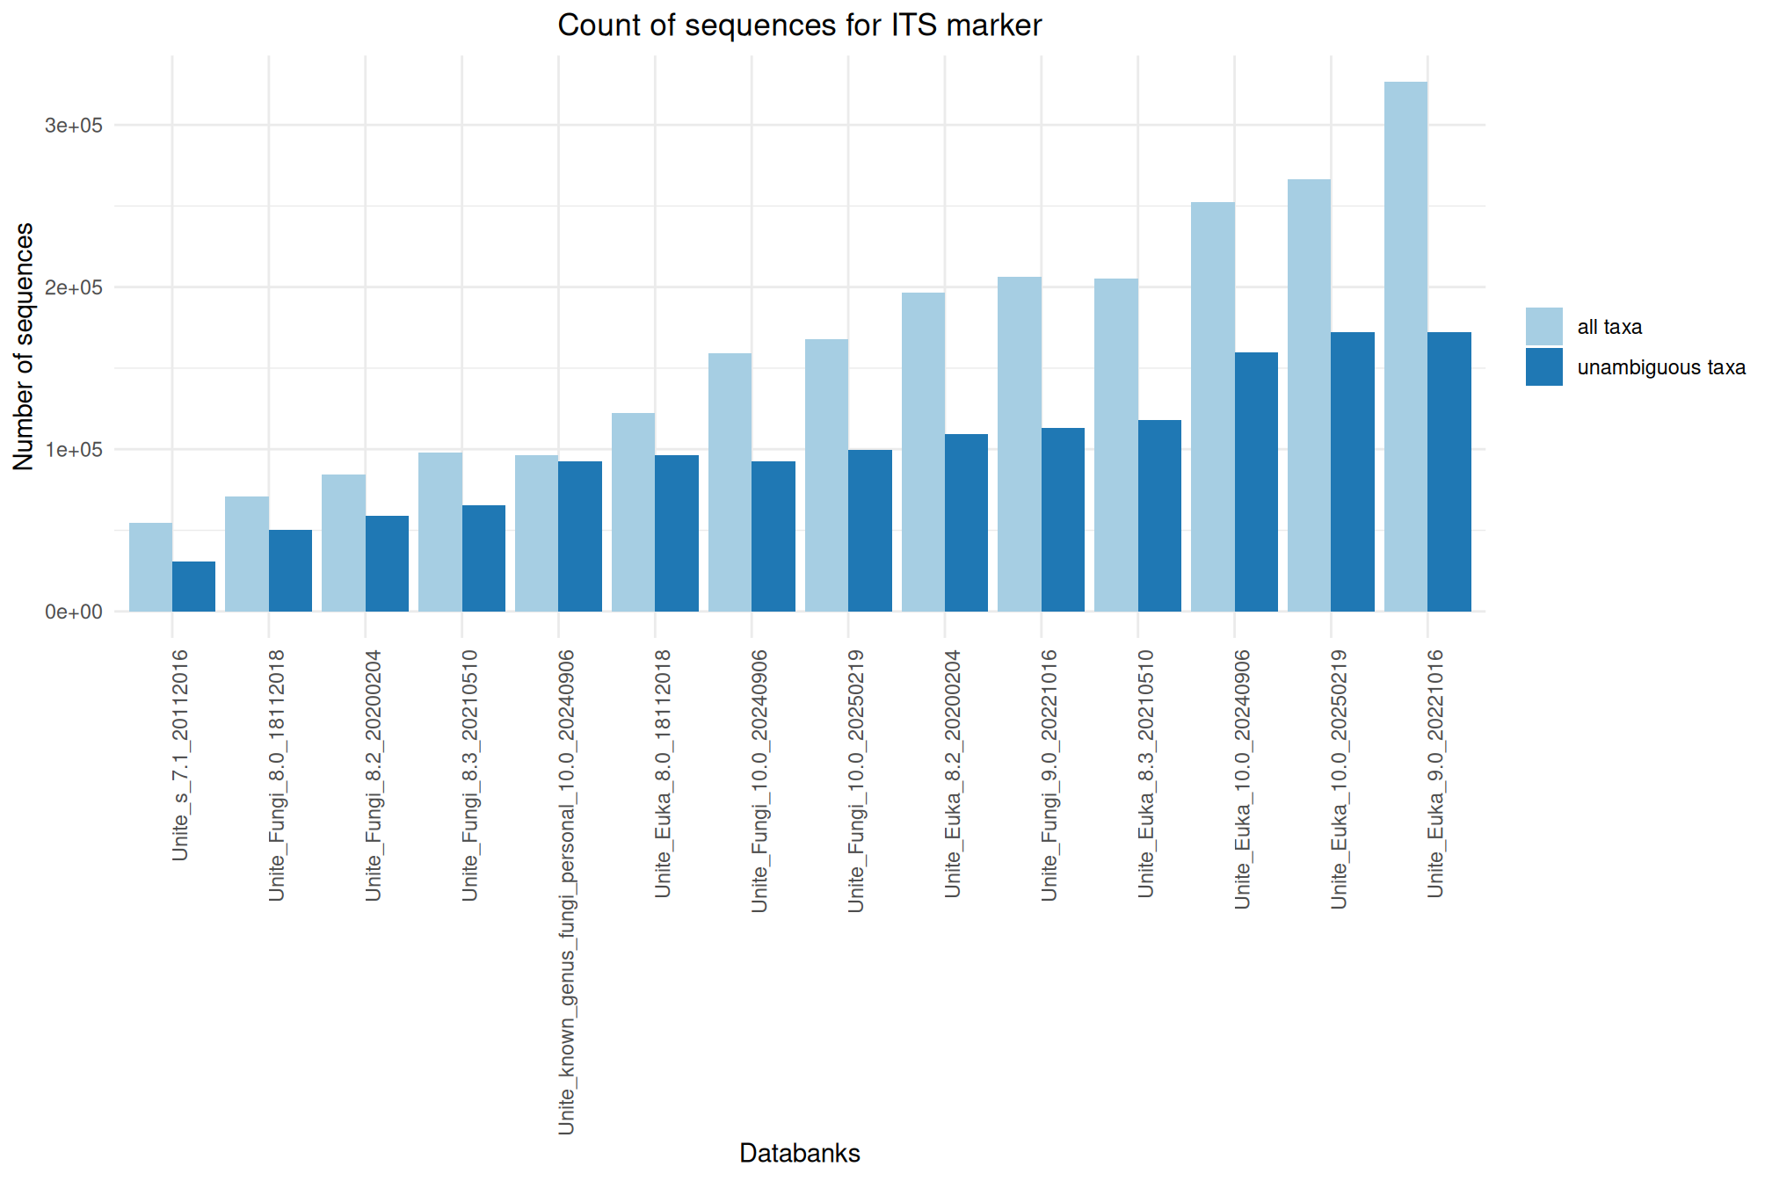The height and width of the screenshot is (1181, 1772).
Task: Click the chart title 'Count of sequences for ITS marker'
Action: (x=799, y=25)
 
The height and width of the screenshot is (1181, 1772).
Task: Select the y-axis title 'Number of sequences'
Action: (x=24, y=346)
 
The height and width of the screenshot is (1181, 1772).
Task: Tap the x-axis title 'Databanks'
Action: (x=799, y=1153)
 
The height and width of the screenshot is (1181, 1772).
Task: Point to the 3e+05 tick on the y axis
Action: (x=74, y=126)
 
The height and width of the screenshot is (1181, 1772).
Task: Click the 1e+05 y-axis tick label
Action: (x=74, y=450)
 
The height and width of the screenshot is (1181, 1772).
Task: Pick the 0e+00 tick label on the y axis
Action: (x=74, y=612)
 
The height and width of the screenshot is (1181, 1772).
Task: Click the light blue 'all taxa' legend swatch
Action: (x=1543, y=326)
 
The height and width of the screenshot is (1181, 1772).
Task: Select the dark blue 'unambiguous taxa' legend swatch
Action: (x=1543, y=366)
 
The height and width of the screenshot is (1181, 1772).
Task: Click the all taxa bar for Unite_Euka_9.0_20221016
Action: (x=1405, y=347)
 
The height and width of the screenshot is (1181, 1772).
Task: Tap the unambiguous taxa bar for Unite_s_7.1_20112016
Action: (x=193, y=587)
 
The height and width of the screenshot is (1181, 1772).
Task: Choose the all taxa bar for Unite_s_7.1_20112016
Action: (x=150, y=568)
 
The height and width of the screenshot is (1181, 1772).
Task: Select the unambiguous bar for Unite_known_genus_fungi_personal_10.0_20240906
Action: (x=580, y=537)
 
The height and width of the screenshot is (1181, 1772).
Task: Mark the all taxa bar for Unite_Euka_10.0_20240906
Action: (x=1213, y=407)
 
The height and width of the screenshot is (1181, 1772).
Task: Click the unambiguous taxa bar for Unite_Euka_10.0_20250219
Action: (x=1353, y=472)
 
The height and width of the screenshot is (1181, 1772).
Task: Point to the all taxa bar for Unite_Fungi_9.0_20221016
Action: (x=1020, y=445)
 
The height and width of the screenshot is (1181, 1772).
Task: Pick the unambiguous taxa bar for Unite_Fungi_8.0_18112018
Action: (x=290, y=571)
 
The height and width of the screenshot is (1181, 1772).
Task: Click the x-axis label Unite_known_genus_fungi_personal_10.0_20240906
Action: (x=567, y=892)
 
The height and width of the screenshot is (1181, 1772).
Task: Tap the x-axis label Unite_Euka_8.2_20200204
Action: (x=954, y=773)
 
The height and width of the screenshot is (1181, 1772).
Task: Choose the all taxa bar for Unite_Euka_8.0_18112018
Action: (x=633, y=512)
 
